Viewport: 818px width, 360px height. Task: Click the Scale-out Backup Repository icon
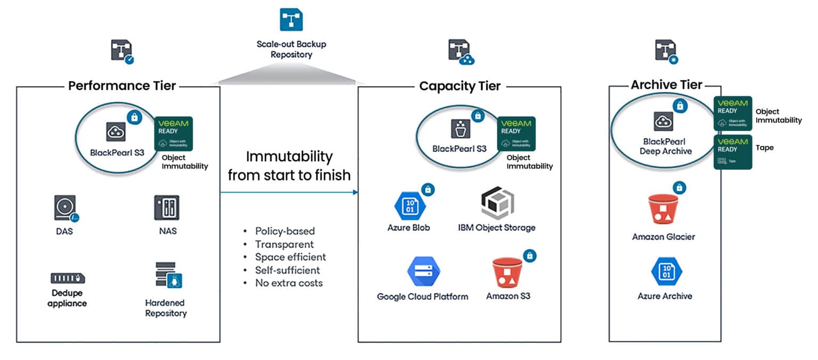(x=291, y=20)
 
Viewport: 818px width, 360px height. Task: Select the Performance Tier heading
(x=122, y=86)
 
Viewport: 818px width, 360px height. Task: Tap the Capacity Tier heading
(x=460, y=86)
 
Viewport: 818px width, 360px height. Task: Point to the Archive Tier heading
(x=666, y=85)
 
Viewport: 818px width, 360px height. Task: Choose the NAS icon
(x=167, y=208)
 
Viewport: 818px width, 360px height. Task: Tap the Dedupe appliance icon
(x=68, y=278)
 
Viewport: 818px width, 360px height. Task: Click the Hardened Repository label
(x=166, y=308)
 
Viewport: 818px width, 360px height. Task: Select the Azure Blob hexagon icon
(x=408, y=205)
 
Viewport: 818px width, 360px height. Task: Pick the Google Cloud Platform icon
(x=422, y=272)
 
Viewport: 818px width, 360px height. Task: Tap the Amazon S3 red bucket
(x=508, y=273)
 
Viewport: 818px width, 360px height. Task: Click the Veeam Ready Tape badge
(x=732, y=152)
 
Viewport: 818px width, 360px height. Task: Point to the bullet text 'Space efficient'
(x=290, y=257)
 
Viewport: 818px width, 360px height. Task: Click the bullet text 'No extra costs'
(x=289, y=283)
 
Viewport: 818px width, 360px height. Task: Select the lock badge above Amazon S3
(x=529, y=256)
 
